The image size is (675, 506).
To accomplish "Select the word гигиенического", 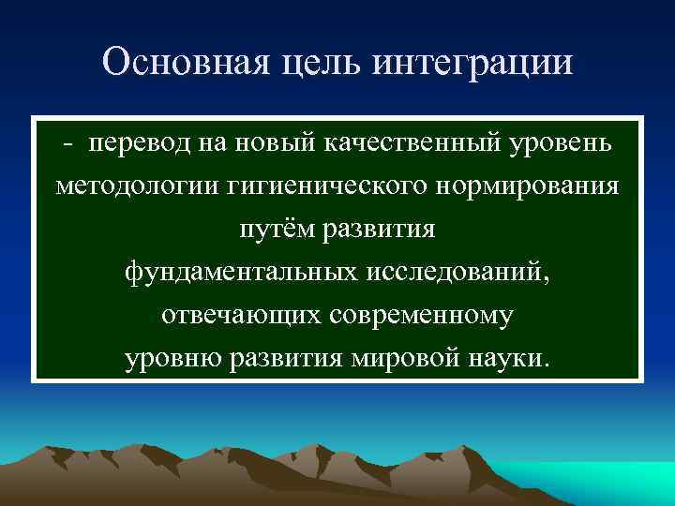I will [329, 186].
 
